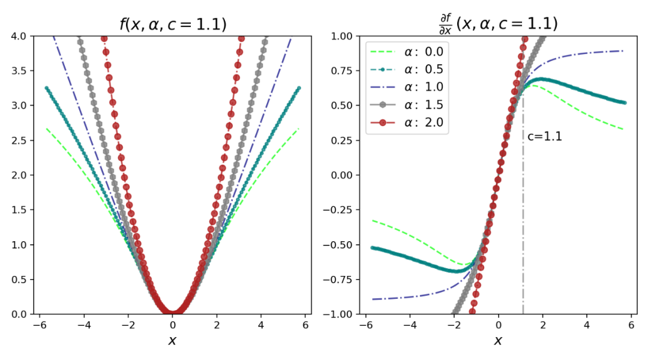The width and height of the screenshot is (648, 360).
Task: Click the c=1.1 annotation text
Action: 544,137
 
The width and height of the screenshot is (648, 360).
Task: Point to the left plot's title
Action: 173,25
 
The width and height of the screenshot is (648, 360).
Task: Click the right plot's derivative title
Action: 498,23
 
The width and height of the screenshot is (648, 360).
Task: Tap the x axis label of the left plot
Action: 173,341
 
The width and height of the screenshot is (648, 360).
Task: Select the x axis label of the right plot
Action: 498,341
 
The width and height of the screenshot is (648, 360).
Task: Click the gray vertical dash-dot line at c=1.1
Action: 523,240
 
